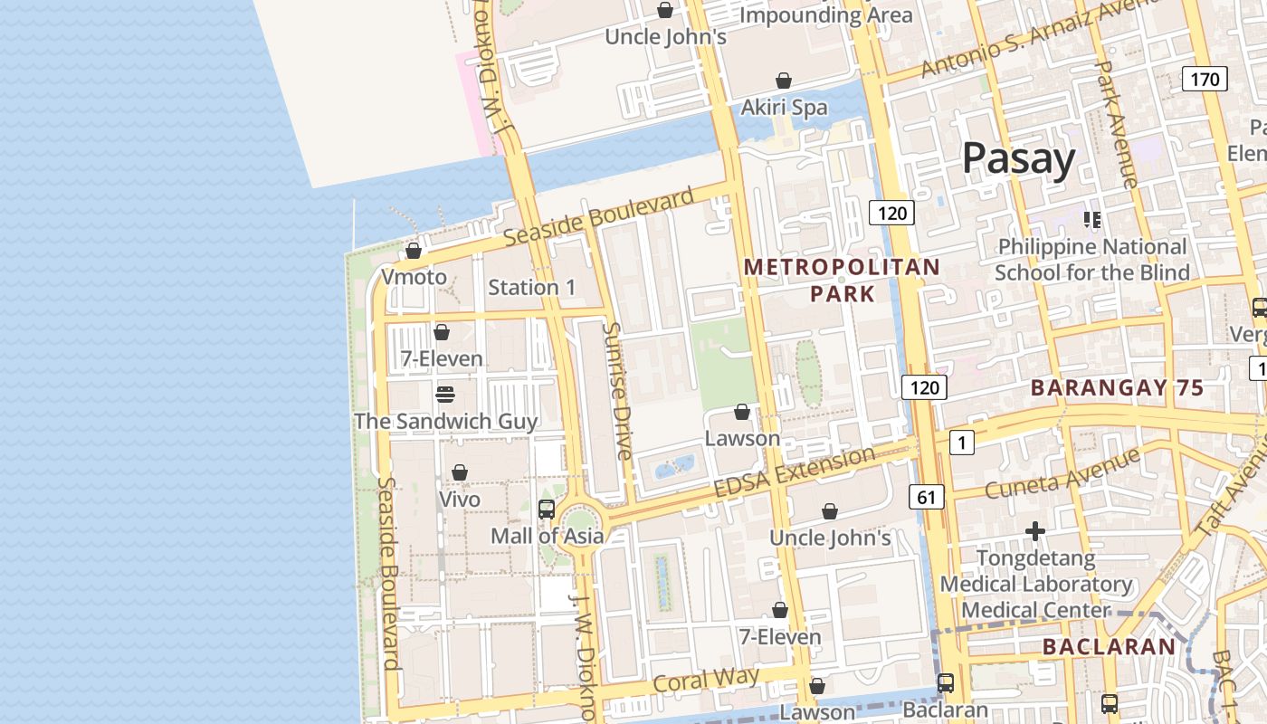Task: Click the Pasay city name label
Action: coord(1018,158)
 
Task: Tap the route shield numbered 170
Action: coord(1205,79)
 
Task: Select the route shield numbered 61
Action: coord(926,496)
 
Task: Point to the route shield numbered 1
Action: coord(961,443)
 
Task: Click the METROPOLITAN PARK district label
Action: coord(842,281)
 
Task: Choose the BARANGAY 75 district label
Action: coord(1117,388)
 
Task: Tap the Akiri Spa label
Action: coord(784,107)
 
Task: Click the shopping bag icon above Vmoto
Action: coord(414,251)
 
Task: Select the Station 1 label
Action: coord(531,287)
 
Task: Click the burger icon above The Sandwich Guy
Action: coord(444,395)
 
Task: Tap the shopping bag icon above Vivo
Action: coord(460,472)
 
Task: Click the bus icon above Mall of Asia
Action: coord(547,509)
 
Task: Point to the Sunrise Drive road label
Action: coord(619,391)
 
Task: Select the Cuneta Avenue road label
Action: coord(1062,475)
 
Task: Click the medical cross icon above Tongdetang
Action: coord(1035,531)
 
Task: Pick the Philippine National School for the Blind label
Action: coord(1091,259)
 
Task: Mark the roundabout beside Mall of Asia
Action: coord(579,522)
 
